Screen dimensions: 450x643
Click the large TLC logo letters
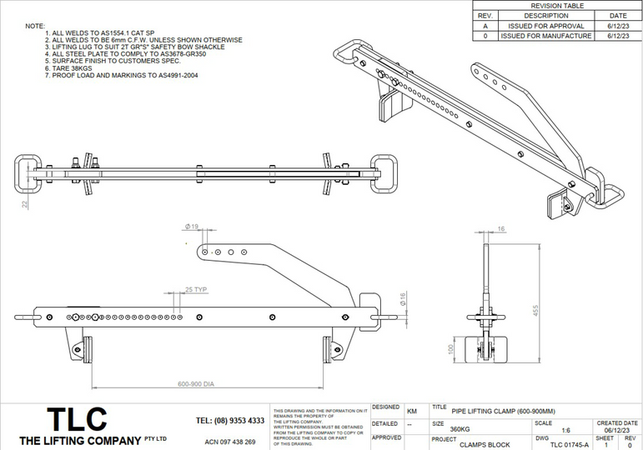[x=75, y=419]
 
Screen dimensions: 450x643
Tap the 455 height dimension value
[x=525, y=311]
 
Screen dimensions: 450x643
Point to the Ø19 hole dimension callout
[x=191, y=226]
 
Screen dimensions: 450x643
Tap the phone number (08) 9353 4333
[x=230, y=421]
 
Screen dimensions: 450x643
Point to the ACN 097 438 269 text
[x=230, y=442]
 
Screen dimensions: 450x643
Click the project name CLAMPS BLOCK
[x=482, y=445]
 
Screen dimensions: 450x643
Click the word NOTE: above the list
[x=35, y=26]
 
